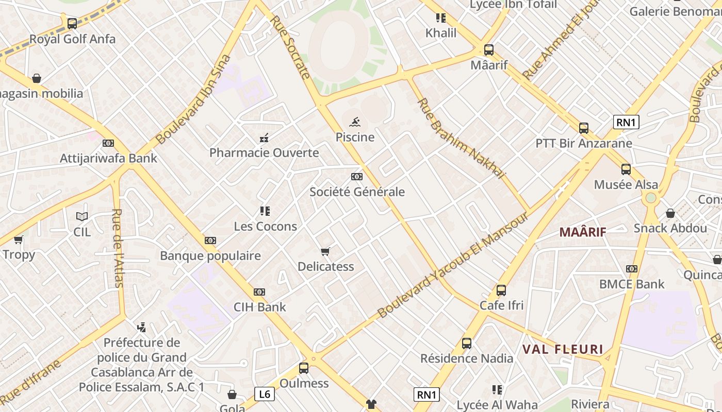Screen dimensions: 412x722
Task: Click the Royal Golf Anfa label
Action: click(72, 39)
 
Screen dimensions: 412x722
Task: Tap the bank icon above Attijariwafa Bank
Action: click(108, 143)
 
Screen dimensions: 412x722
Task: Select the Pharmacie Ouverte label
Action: click(264, 153)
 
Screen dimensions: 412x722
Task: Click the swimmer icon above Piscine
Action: click(354, 123)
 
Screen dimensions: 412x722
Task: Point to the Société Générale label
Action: click(357, 192)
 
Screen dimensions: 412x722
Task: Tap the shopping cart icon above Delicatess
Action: click(325, 251)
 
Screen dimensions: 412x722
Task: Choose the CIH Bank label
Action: click(260, 307)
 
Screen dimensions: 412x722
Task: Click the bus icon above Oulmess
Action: click(304, 368)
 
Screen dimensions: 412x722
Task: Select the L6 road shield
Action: click(264, 394)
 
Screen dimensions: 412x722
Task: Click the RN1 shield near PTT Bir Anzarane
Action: click(627, 122)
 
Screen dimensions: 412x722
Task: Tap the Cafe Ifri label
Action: click(501, 305)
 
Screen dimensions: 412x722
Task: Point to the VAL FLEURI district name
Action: click(563, 350)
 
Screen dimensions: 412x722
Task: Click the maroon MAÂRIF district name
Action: click(583, 232)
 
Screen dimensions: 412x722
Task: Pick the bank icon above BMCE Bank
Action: click(632, 269)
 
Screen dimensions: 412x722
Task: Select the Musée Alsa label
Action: click(626, 185)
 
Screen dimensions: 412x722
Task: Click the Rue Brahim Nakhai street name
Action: click(460, 138)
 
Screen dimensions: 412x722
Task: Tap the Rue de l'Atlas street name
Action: click(118, 247)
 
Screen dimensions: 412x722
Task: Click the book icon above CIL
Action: click(81, 217)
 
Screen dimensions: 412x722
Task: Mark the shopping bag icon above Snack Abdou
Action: click(670, 213)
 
